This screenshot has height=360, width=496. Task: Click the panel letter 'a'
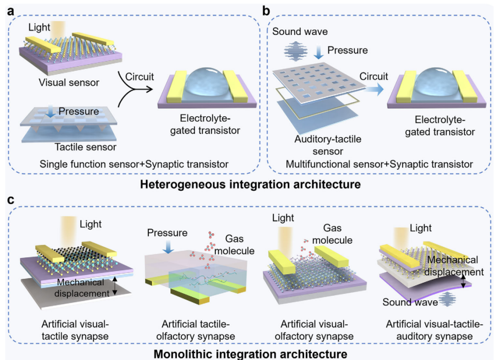[x=11, y=11]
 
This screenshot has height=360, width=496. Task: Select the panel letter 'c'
[x=11, y=200]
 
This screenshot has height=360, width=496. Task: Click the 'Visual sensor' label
[x=69, y=83]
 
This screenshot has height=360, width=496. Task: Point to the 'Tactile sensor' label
[x=85, y=147]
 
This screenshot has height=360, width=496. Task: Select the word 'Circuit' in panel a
[x=140, y=77]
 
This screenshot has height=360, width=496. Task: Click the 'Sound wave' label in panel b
[x=300, y=32]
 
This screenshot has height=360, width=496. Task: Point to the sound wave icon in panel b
[x=296, y=51]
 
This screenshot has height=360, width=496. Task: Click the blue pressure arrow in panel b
[x=319, y=52]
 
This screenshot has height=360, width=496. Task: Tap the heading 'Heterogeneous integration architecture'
[x=250, y=184]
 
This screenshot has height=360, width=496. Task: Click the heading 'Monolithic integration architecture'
[x=250, y=354]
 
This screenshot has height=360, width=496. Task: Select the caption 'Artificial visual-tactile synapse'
[x=75, y=330]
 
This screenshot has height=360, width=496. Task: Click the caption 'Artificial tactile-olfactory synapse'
[x=196, y=330]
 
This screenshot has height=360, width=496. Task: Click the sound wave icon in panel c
[x=447, y=299]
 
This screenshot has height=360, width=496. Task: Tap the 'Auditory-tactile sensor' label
[x=328, y=145]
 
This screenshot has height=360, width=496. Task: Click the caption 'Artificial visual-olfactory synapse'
[x=314, y=330]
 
